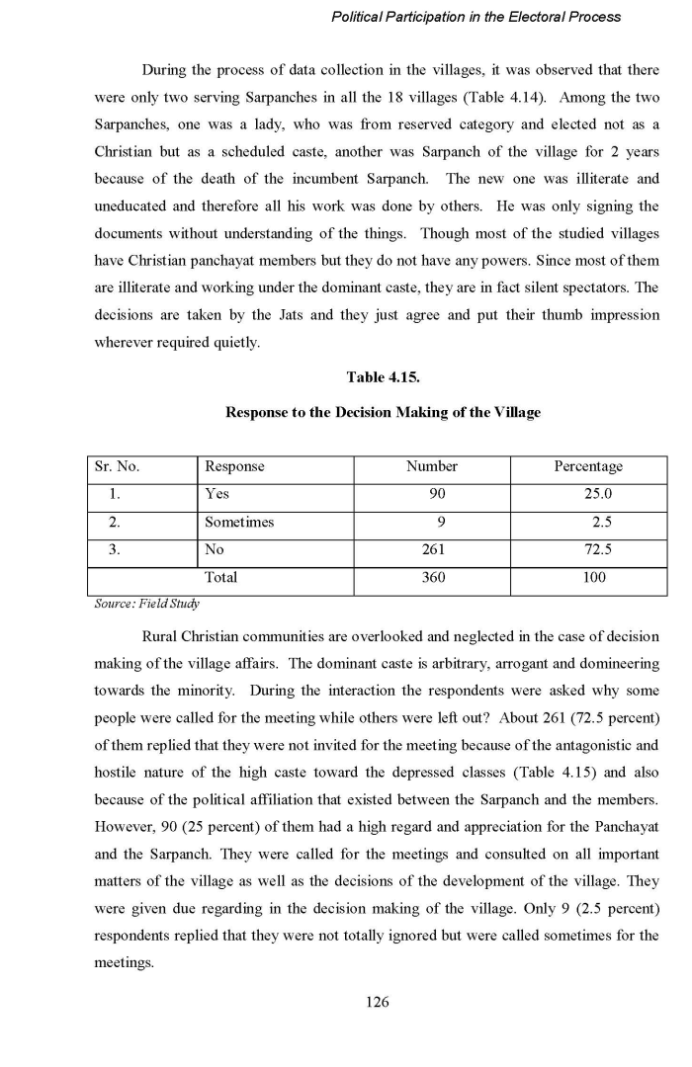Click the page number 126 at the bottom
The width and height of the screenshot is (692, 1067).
[377, 1002]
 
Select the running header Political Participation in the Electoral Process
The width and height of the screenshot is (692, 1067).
[476, 17]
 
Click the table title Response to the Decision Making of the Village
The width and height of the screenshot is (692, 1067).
[383, 412]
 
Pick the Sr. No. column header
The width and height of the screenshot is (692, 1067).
[119, 466]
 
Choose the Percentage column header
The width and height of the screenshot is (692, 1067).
[589, 466]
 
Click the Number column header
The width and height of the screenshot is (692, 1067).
[432, 466]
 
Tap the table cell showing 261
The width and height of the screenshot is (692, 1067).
[432, 549]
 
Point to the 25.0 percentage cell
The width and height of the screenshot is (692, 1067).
[593, 494]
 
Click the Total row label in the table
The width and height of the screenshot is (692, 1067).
[220, 577]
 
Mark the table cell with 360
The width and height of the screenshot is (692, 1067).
[432, 577]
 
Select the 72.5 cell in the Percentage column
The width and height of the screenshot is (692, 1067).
[593, 549]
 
